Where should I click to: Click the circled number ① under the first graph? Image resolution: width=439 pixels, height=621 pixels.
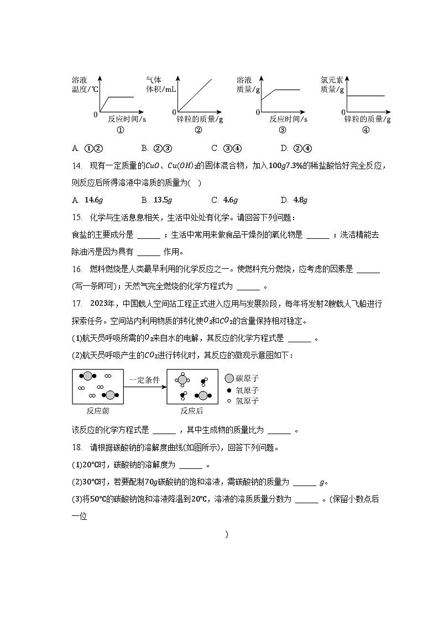(x=120, y=130)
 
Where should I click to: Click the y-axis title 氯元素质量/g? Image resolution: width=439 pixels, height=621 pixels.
(x=332, y=84)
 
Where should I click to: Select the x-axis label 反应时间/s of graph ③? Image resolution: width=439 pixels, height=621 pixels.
(x=288, y=119)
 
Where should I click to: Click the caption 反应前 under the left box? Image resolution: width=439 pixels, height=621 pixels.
(x=98, y=411)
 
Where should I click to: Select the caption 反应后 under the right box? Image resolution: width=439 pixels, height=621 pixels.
(x=192, y=411)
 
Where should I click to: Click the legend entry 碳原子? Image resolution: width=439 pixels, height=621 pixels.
(x=247, y=379)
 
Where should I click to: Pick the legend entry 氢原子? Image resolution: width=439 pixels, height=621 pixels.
(x=247, y=401)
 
